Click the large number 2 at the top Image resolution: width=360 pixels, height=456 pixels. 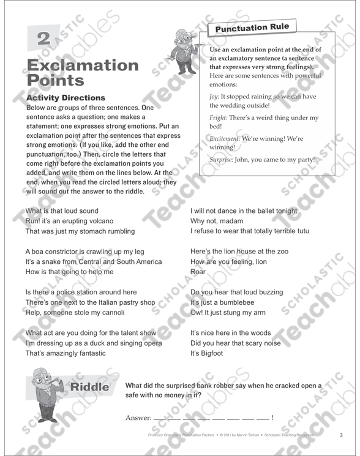click(x=43, y=39)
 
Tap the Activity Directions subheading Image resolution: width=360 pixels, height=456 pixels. click(x=66, y=98)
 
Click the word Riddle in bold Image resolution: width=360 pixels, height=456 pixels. click(x=90, y=387)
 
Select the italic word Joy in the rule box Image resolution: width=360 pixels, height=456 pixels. click(x=214, y=96)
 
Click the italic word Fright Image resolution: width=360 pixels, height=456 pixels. click(x=220, y=118)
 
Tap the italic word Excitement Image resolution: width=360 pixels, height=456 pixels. click(x=224, y=139)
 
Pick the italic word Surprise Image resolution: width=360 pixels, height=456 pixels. click(x=223, y=160)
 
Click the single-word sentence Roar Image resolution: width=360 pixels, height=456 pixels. click(x=198, y=272)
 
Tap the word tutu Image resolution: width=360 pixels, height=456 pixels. click(x=301, y=231)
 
